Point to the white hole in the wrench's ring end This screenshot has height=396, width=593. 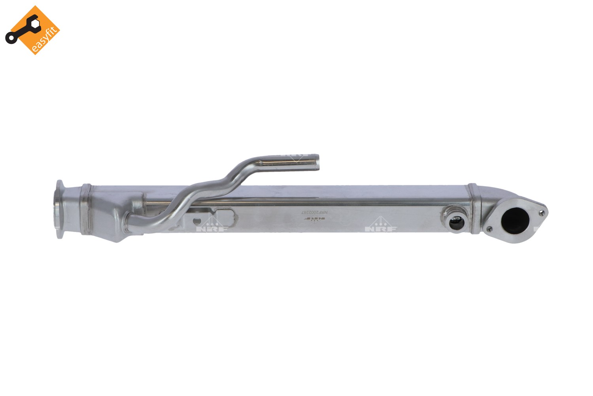[x=9, y=38]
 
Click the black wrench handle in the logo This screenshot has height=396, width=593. [x=20, y=32]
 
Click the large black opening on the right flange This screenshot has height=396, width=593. [x=515, y=221]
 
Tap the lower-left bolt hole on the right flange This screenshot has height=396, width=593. [x=490, y=229]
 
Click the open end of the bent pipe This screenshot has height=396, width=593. [x=317, y=163]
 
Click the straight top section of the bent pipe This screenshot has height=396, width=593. [x=285, y=162]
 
